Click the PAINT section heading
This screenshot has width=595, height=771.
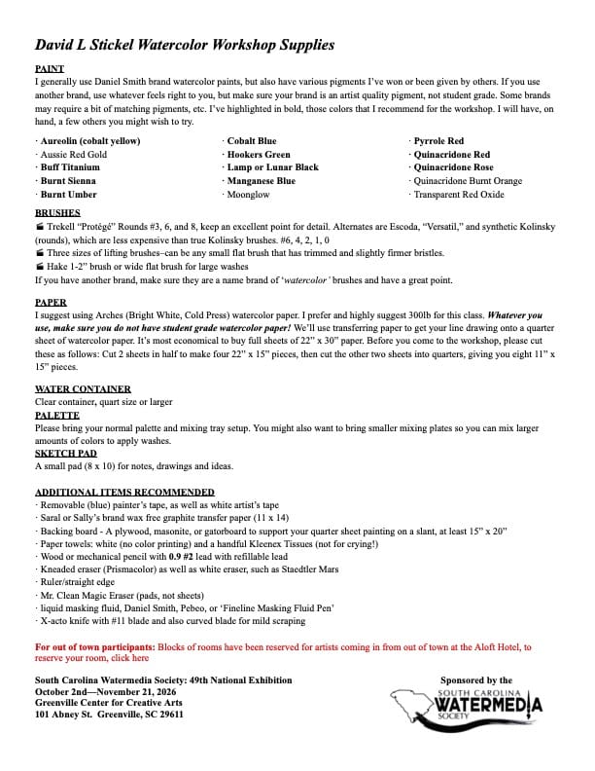(x=50, y=70)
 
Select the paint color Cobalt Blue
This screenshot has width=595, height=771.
(x=252, y=141)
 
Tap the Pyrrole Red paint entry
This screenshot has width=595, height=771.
(x=439, y=141)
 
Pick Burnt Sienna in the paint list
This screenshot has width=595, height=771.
(x=68, y=181)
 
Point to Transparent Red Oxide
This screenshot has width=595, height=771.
(x=459, y=195)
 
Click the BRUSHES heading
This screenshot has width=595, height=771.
(x=57, y=211)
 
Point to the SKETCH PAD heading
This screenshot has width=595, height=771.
(x=64, y=453)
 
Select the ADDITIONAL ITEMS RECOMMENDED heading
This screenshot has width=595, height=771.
(x=124, y=493)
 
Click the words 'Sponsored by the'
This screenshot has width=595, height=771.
(x=476, y=680)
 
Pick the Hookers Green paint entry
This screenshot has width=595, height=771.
(x=259, y=155)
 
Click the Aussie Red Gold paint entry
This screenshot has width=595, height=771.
(x=74, y=155)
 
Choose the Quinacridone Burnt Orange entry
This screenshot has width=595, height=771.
(x=468, y=181)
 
